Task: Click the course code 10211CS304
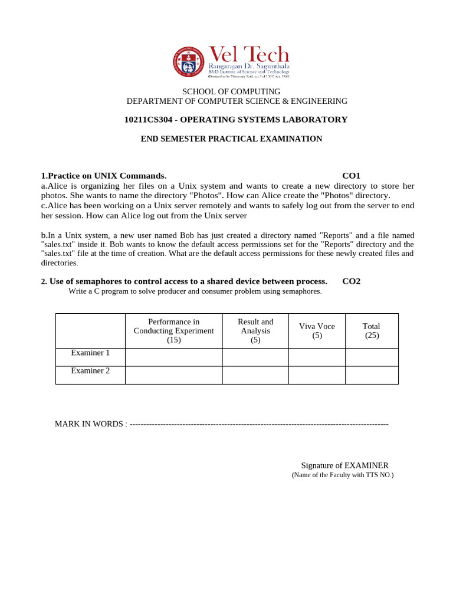coord(149,120)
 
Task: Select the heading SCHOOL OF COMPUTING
coord(231,91)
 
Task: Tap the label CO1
coord(351,176)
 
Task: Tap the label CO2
coord(351,281)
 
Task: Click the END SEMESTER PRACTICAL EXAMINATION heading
coord(231,139)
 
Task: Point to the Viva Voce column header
coord(316,330)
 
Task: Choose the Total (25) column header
coord(372,330)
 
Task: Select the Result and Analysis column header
coord(255,330)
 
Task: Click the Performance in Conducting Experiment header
coord(173,330)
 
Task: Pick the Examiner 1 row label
coord(90,353)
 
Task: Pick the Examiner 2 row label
coord(90,371)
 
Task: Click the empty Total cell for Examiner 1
coord(372,357)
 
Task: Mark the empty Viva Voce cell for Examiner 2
coord(316,375)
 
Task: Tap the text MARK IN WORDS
coord(89,424)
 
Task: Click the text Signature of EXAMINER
coord(344,465)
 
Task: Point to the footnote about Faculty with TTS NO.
coord(342,475)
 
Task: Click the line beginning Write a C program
coord(195,291)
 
